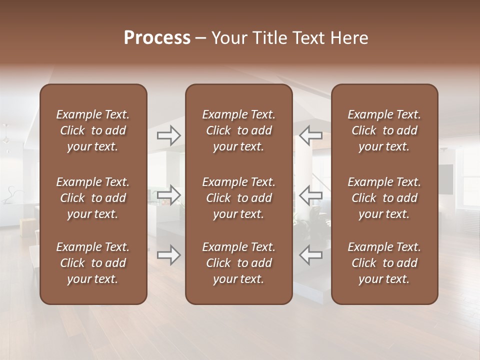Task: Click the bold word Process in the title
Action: (x=157, y=38)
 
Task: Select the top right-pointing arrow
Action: (x=168, y=135)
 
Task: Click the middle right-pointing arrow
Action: (x=168, y=195)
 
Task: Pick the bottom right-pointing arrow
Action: (x=168, y=255)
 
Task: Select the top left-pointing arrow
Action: (x=310, y=135)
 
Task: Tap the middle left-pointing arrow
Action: (x=310, y=195)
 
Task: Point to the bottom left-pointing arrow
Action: (x=310, y=255)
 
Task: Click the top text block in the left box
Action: (x=93, y=130)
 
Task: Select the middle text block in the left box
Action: (x=93, y=198)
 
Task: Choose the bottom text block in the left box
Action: (x=93, y=263)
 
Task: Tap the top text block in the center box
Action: (x=238, y=130)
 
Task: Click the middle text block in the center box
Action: (x=238, y=198)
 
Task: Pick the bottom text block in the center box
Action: (x=238, y=263)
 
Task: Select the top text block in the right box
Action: (x=384, y=130)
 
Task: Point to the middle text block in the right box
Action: (x=384, y=198)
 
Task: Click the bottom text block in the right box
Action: (x=384, y=263)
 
